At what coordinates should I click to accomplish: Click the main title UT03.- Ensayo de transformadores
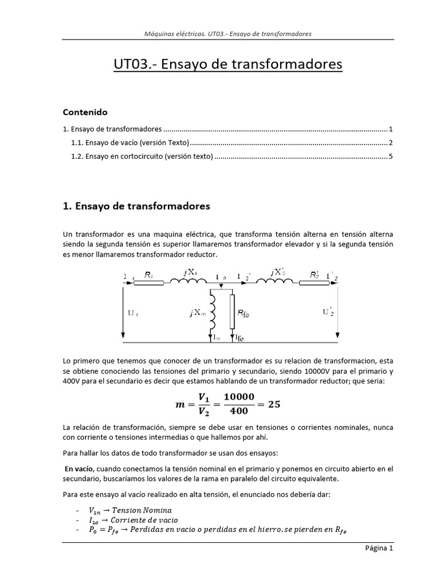coord(227,64)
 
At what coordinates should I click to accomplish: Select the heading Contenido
coord(85,112)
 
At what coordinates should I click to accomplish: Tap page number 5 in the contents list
coord(390,156)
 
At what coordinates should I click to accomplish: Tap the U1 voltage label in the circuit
coord(133,313)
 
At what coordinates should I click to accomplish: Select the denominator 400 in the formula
coord(238,411)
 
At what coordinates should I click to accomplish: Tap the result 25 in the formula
coord(274,404)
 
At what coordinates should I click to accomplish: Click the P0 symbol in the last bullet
coord(92,530)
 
